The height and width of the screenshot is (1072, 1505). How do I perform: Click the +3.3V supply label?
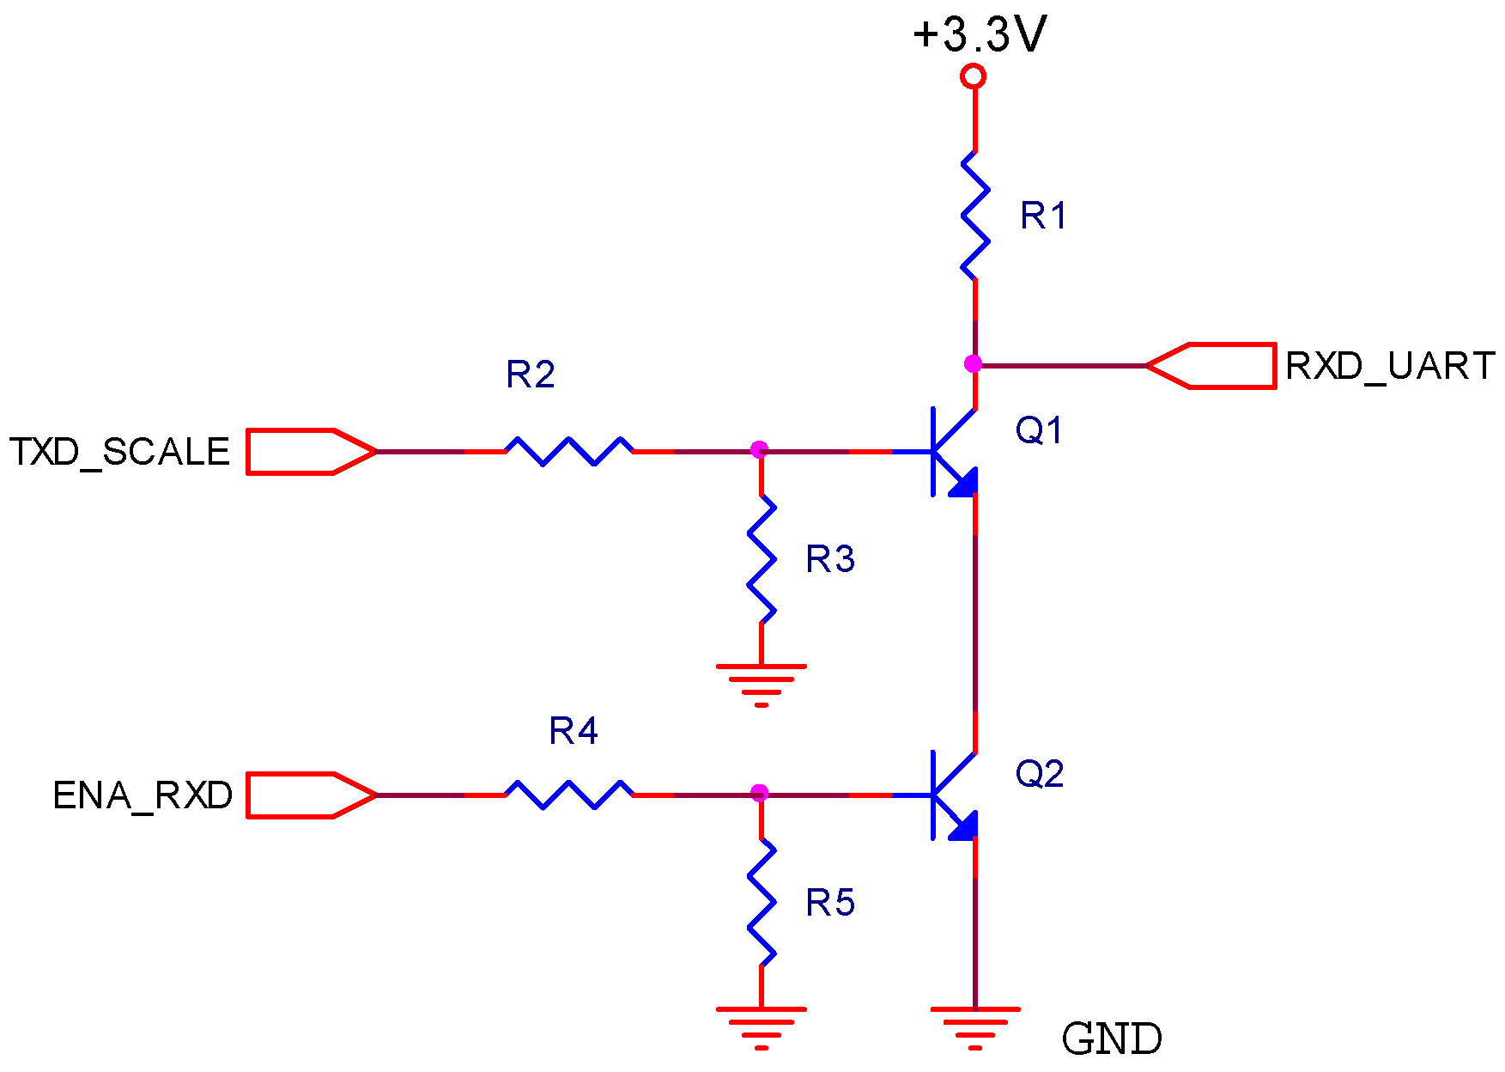[x=980, y=35]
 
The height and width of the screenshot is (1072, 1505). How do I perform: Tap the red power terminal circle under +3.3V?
[x=973, y=76]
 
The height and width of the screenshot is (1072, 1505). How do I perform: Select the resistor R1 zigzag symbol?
[x=974, y=216]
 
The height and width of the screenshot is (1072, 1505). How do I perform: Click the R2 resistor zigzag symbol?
[x=569, y=450]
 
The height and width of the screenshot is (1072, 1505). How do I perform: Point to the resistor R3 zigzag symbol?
[x=762, y=559]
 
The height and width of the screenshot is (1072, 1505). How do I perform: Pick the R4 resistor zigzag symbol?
[x=569, y=795]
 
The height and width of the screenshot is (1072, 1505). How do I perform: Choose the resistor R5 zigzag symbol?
[x=762, y=903]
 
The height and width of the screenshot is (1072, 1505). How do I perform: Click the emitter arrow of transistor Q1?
[x=963, y=483]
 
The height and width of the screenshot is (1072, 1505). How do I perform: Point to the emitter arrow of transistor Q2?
[x=963, y=826]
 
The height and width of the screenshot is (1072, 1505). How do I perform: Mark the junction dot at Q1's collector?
[x=973, y=364]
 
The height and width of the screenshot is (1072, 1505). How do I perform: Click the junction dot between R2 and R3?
[x=759, y=449]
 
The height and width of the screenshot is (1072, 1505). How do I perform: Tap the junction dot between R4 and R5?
[x=759, y=793]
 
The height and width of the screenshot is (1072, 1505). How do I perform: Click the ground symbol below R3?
[x=762, y=683]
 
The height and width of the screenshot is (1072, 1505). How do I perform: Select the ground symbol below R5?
[x=762, y=1026]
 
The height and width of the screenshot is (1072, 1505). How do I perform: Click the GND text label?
[x=1112, y=1039]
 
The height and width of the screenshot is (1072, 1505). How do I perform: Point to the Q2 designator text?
[x=1040, y=774]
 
